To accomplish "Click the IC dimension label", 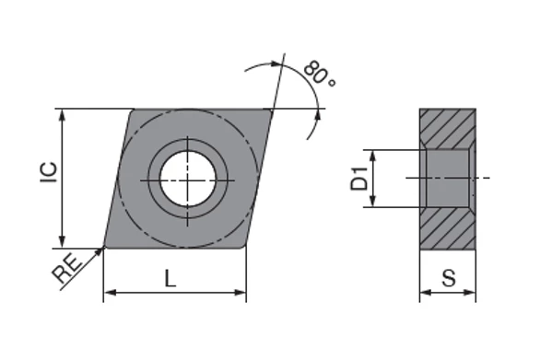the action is click(49, 172).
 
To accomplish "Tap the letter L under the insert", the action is click(170, 278).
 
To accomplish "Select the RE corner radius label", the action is click(67, 269).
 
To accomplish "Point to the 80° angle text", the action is click(319, 74).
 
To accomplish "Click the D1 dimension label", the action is click(359, 179).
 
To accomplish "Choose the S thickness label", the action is click(449, 278).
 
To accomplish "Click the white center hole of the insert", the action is click(188, 179).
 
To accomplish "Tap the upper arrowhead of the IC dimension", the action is click(63, 115).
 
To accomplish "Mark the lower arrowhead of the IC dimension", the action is click(63, 242).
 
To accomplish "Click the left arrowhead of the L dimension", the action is click(111, 293).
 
